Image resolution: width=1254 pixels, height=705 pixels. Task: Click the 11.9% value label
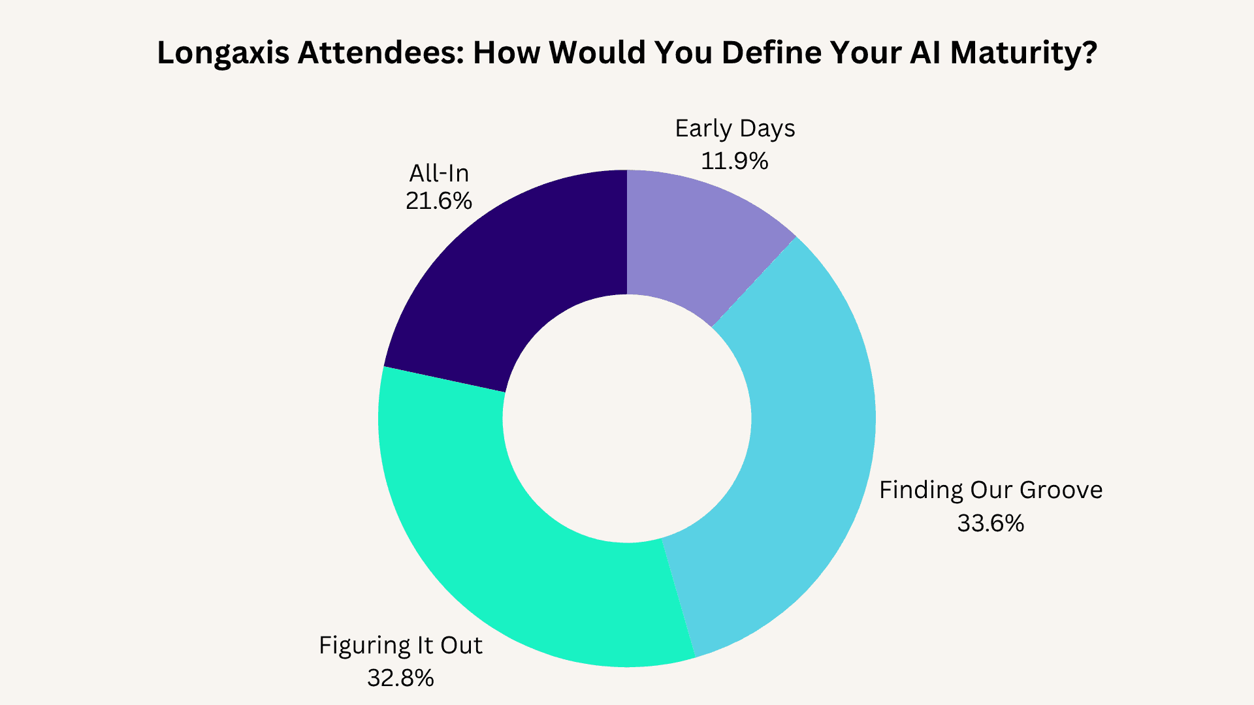(x=734, y=161)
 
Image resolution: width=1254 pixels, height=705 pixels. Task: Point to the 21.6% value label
(x=438, y=200)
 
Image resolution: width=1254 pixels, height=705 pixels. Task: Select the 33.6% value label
(x=990, y=523)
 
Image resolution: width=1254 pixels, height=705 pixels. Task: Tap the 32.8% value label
(x=400, y=678)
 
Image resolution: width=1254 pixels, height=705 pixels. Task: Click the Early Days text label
(x=735, y=129)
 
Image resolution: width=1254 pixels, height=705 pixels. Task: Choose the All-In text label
(x=439, y=173)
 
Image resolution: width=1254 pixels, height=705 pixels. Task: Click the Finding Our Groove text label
(x=990, y=490)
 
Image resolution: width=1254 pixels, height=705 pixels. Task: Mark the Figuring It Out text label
(x=400, y=645)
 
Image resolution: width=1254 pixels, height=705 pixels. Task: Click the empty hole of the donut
(x=627, y=418)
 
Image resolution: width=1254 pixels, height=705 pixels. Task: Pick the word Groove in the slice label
(x=1061, y=490)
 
